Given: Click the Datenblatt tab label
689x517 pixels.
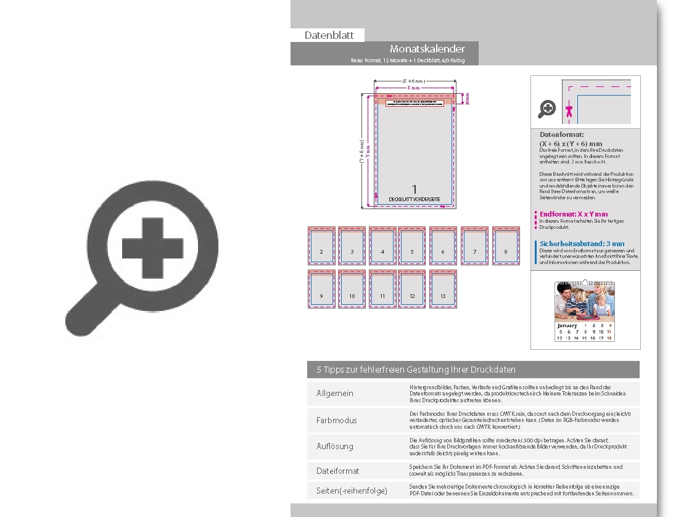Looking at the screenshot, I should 329,35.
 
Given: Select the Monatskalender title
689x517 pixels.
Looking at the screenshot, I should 427,49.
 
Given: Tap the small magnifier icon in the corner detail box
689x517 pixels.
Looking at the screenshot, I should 547,109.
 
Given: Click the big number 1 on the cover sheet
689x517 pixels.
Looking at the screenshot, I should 415,189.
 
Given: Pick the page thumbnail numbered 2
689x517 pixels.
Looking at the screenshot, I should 321,246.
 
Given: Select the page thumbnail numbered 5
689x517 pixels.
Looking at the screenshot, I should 411,246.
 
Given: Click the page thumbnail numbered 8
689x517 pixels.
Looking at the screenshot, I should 506,246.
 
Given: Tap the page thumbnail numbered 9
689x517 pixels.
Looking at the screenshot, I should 321,289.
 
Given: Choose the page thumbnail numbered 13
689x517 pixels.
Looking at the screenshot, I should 443,289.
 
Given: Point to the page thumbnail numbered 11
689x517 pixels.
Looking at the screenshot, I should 382,289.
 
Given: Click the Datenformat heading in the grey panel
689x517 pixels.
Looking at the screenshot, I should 561,134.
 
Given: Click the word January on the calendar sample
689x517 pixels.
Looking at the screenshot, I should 567,325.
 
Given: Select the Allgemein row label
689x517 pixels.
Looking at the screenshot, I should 335,393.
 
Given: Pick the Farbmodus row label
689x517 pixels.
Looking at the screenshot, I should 336,420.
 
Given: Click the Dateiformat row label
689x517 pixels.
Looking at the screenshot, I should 337,471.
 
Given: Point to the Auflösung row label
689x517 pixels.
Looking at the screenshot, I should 335,446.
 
